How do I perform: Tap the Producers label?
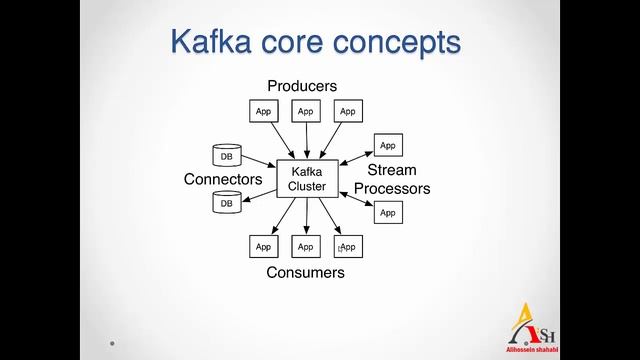(x=302, y=86)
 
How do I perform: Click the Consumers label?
(x=305, y=272)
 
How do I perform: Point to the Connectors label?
(x=223, y=180)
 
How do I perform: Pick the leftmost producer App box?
(x=263, y=112)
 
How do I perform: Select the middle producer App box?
(x=305, y=112)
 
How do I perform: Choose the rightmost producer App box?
(x=347, y=112)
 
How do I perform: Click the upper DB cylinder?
(x=226, y=156)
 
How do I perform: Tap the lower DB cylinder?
(x=226, y=203)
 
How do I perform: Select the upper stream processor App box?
(x=388, y=145)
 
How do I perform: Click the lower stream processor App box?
(x=388, y=212)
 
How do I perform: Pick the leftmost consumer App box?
(x=263, y=246)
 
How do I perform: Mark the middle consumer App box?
(x=305, y=246)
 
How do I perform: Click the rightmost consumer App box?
(x=347, y=246)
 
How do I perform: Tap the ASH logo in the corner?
(x=536, y=326)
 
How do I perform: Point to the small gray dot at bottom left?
(x=112, y=343)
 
